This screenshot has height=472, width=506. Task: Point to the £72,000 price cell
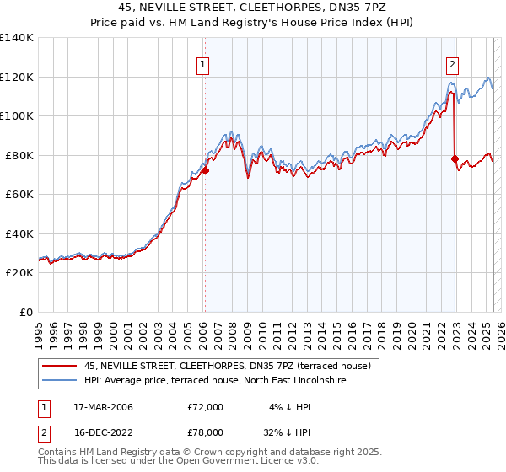(x=206, y=407)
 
